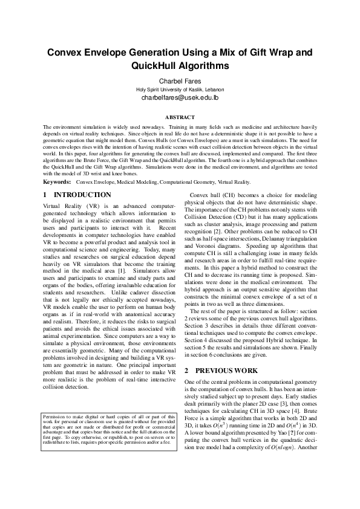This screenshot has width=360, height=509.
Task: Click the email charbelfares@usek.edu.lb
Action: point(180,97)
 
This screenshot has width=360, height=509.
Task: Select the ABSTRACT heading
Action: point(180,117)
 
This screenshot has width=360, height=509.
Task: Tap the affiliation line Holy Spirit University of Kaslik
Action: point(180,89)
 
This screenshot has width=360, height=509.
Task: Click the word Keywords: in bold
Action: point(58,181)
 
